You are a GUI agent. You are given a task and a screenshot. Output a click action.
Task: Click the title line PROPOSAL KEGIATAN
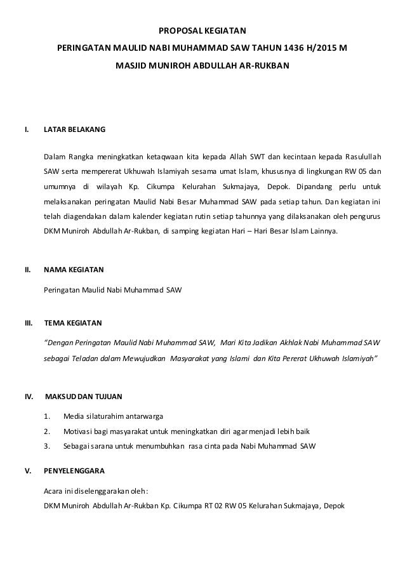[202, 30]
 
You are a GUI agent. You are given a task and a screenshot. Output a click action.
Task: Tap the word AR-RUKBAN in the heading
[265, 65]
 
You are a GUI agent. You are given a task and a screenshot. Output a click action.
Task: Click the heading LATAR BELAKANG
[74, 131]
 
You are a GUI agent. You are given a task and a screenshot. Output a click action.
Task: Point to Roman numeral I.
[26, 131]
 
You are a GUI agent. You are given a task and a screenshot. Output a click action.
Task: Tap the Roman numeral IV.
[29, 397]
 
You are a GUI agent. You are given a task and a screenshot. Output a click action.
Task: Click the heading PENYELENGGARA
[74, 472]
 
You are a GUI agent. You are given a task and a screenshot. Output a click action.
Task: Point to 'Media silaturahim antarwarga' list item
[114, 416]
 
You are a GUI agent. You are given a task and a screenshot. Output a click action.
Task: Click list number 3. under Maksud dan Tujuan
[47, 445]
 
